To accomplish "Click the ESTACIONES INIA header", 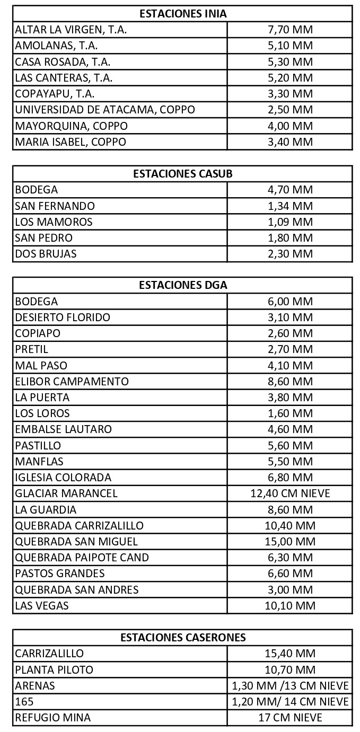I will tap(182, 14).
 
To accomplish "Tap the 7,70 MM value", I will tap(290, 30).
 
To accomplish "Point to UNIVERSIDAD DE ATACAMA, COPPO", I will tap(105, 110).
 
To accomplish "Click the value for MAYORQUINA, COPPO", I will tap(290, 126).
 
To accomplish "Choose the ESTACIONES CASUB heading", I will tap(182, 174).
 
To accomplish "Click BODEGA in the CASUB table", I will tap(37, 190).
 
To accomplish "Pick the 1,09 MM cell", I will tap(290, 222).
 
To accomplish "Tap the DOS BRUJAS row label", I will tap(46, 253).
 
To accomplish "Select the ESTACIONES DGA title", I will tap(182, 285).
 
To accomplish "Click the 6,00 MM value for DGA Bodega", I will tap(290, 302).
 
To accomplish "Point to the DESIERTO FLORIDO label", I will tap(63, 318).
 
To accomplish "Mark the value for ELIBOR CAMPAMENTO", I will tap(290, 382).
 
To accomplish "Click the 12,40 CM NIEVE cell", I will tap(290, 493).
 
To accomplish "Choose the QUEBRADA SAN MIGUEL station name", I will tap(76, 541).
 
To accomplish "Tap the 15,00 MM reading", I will tap(290, 541).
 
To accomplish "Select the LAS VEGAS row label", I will tap(42, 605).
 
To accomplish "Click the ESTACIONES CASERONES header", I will tap(182, 638).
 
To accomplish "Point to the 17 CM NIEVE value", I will tap(290, 718).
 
